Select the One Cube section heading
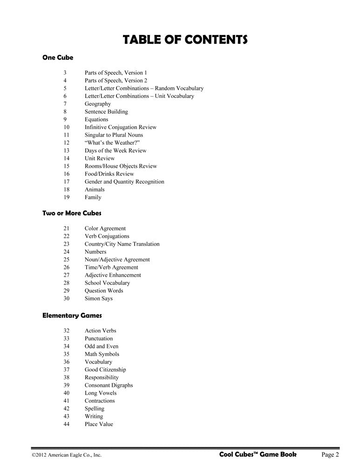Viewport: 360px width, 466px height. click(x=58, y=58)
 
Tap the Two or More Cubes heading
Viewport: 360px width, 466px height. click(x=72, y=213)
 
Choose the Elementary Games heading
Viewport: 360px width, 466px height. click(x=72, y=315)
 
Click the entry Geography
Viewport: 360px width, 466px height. click(x=97, y=104)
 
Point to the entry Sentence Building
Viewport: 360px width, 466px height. click(x=106, y=112)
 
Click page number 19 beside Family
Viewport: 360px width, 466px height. click(x=66, y=197)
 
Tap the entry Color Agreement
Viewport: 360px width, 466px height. click(x=105, y=228)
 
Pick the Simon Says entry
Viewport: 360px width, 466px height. click(x=98, y=298)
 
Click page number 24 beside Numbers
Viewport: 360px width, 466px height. click(x=66, y=252)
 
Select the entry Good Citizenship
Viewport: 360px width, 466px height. click(x=105, y=370)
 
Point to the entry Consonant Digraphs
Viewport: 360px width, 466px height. click(x=109, y=385)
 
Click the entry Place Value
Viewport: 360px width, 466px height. click(x=98, y=424)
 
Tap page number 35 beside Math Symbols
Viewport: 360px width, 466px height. click(x=66, y=354)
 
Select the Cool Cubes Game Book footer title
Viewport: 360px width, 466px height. click(x=257, y=454)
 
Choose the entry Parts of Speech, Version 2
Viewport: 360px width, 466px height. click(x=115, y=81)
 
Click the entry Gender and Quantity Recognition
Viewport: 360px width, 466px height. click(x=124, y=182)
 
